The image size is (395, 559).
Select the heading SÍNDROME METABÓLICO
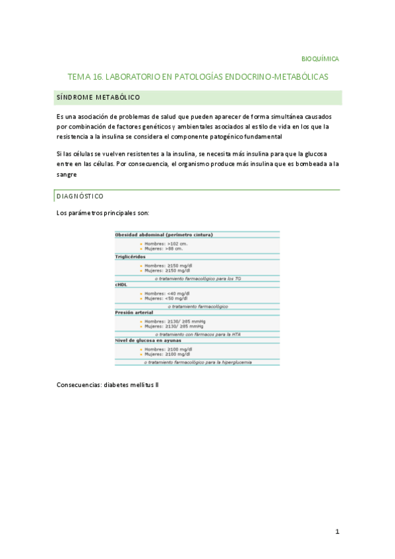(98, 98)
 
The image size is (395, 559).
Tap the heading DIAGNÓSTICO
(80, 196)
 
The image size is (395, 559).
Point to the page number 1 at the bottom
(336, 531)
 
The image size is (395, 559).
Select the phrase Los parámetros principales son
(103, 213)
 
